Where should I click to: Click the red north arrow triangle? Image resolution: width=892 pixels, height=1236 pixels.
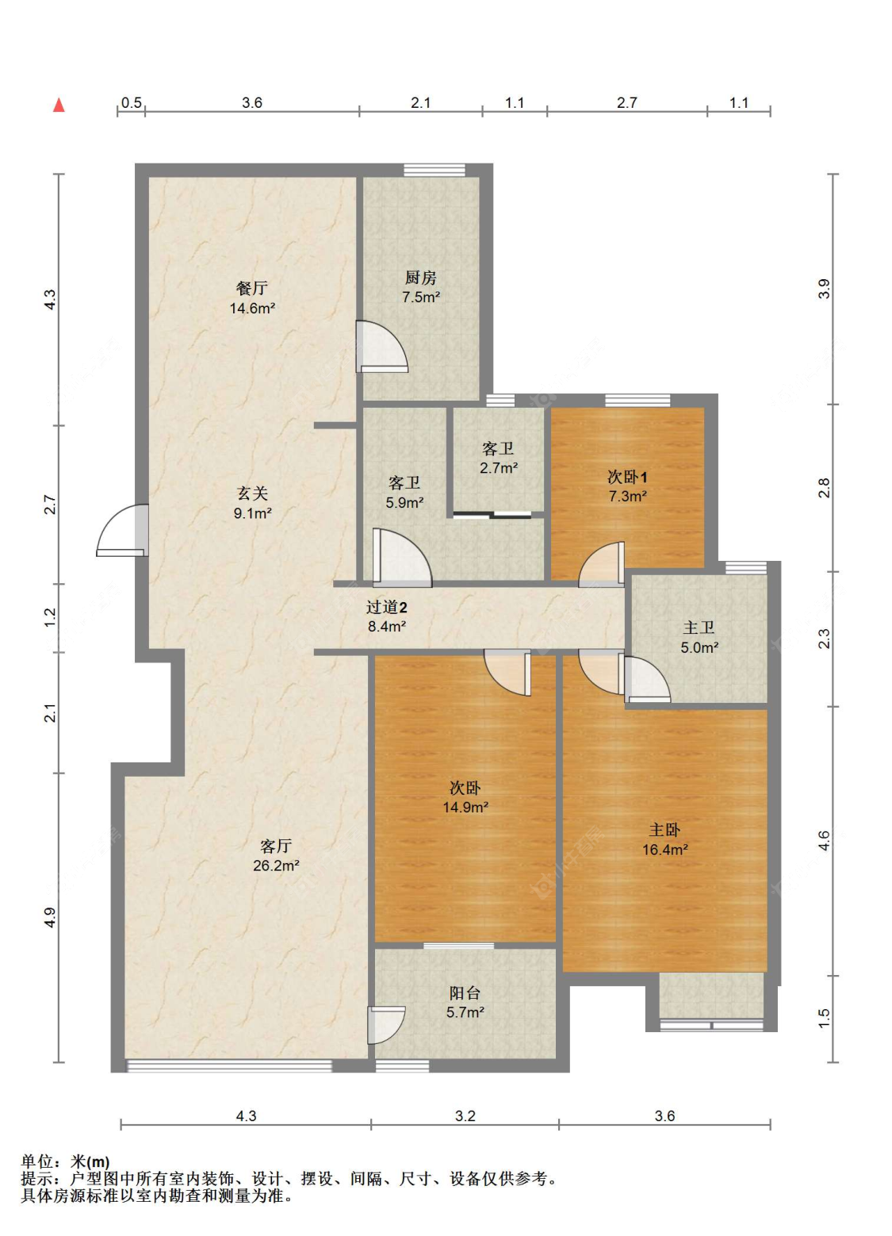tap(59, 105)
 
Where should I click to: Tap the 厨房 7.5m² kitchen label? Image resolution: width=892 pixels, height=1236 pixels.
tap(421, 287)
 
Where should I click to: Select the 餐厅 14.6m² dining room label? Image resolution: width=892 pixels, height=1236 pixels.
tap(252, 298)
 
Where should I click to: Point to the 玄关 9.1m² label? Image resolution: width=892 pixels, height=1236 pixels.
tap(252, 503)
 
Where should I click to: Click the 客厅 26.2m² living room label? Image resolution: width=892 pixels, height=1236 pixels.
tap(276, 855)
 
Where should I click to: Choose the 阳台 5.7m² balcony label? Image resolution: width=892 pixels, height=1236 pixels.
tap(465, 1003)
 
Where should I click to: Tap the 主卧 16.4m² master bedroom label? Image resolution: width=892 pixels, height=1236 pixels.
tap(664, 840)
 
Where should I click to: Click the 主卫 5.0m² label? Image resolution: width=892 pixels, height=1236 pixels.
tap(699, 637)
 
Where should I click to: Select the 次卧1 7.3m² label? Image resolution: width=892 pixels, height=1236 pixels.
tap(628, 486)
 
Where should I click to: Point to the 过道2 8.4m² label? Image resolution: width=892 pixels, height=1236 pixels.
tap(387, 616)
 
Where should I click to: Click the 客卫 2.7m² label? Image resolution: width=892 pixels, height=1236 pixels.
tap(498, 458)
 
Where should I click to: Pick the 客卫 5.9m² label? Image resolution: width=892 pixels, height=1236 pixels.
tap(404, 493)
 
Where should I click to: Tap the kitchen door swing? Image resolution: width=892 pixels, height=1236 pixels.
tap(381, 347)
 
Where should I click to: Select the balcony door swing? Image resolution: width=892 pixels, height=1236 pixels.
tap(387, 1025)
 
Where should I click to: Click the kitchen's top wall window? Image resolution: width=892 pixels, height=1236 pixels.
tap(435, 170)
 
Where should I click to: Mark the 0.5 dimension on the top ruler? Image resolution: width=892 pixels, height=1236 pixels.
tap(132, 102)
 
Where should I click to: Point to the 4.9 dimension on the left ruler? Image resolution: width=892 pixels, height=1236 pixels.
tap(50, 917)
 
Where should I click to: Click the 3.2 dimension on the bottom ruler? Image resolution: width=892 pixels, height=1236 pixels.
tap(465, 1115)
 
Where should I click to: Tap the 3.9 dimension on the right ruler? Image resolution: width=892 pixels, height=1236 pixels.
tap(824, 289)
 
